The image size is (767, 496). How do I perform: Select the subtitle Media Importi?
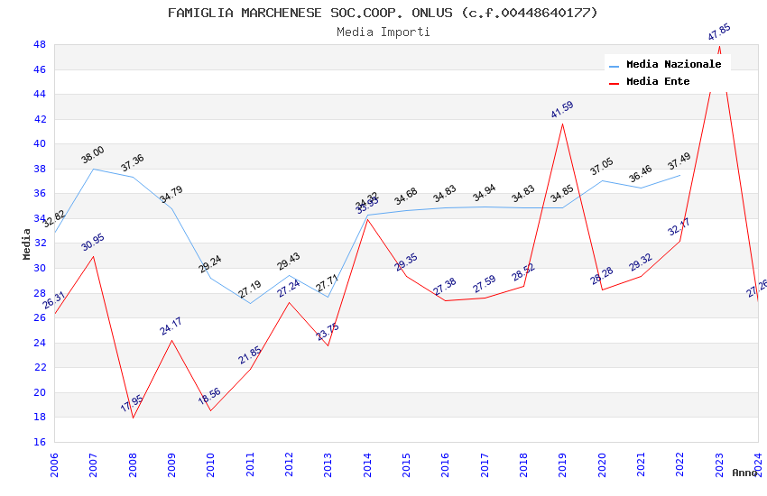383,32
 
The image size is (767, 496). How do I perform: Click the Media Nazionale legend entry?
673,64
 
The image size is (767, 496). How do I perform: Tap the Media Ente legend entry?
658,81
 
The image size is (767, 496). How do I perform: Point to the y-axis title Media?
26,243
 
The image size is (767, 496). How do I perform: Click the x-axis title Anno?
744,473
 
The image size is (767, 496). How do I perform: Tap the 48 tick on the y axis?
39,44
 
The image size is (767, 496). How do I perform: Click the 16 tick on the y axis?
39,442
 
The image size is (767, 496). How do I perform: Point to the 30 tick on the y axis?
39,268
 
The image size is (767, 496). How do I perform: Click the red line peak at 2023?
719,46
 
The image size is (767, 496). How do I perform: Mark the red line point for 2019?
563,124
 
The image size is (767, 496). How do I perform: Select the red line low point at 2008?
133,418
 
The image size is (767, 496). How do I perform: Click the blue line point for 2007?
94,169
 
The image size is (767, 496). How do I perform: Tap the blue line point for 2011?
250,303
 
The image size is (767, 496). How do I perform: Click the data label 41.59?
562,110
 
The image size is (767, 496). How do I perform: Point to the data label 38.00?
93,155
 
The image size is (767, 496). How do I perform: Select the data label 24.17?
171,326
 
